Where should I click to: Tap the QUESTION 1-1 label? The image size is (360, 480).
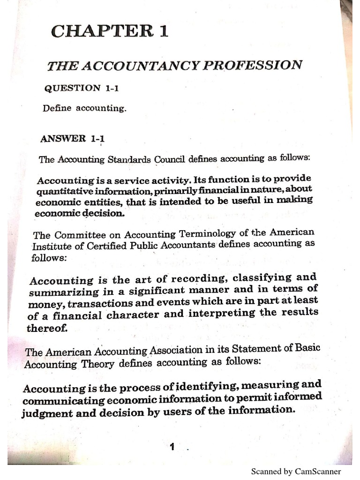(72, 88)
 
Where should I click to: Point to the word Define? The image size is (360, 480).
(57, 108)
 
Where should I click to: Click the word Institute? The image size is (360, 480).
(49, 246)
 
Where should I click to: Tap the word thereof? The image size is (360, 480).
(47, 328)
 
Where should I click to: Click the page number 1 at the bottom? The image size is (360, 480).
(172, 447)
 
